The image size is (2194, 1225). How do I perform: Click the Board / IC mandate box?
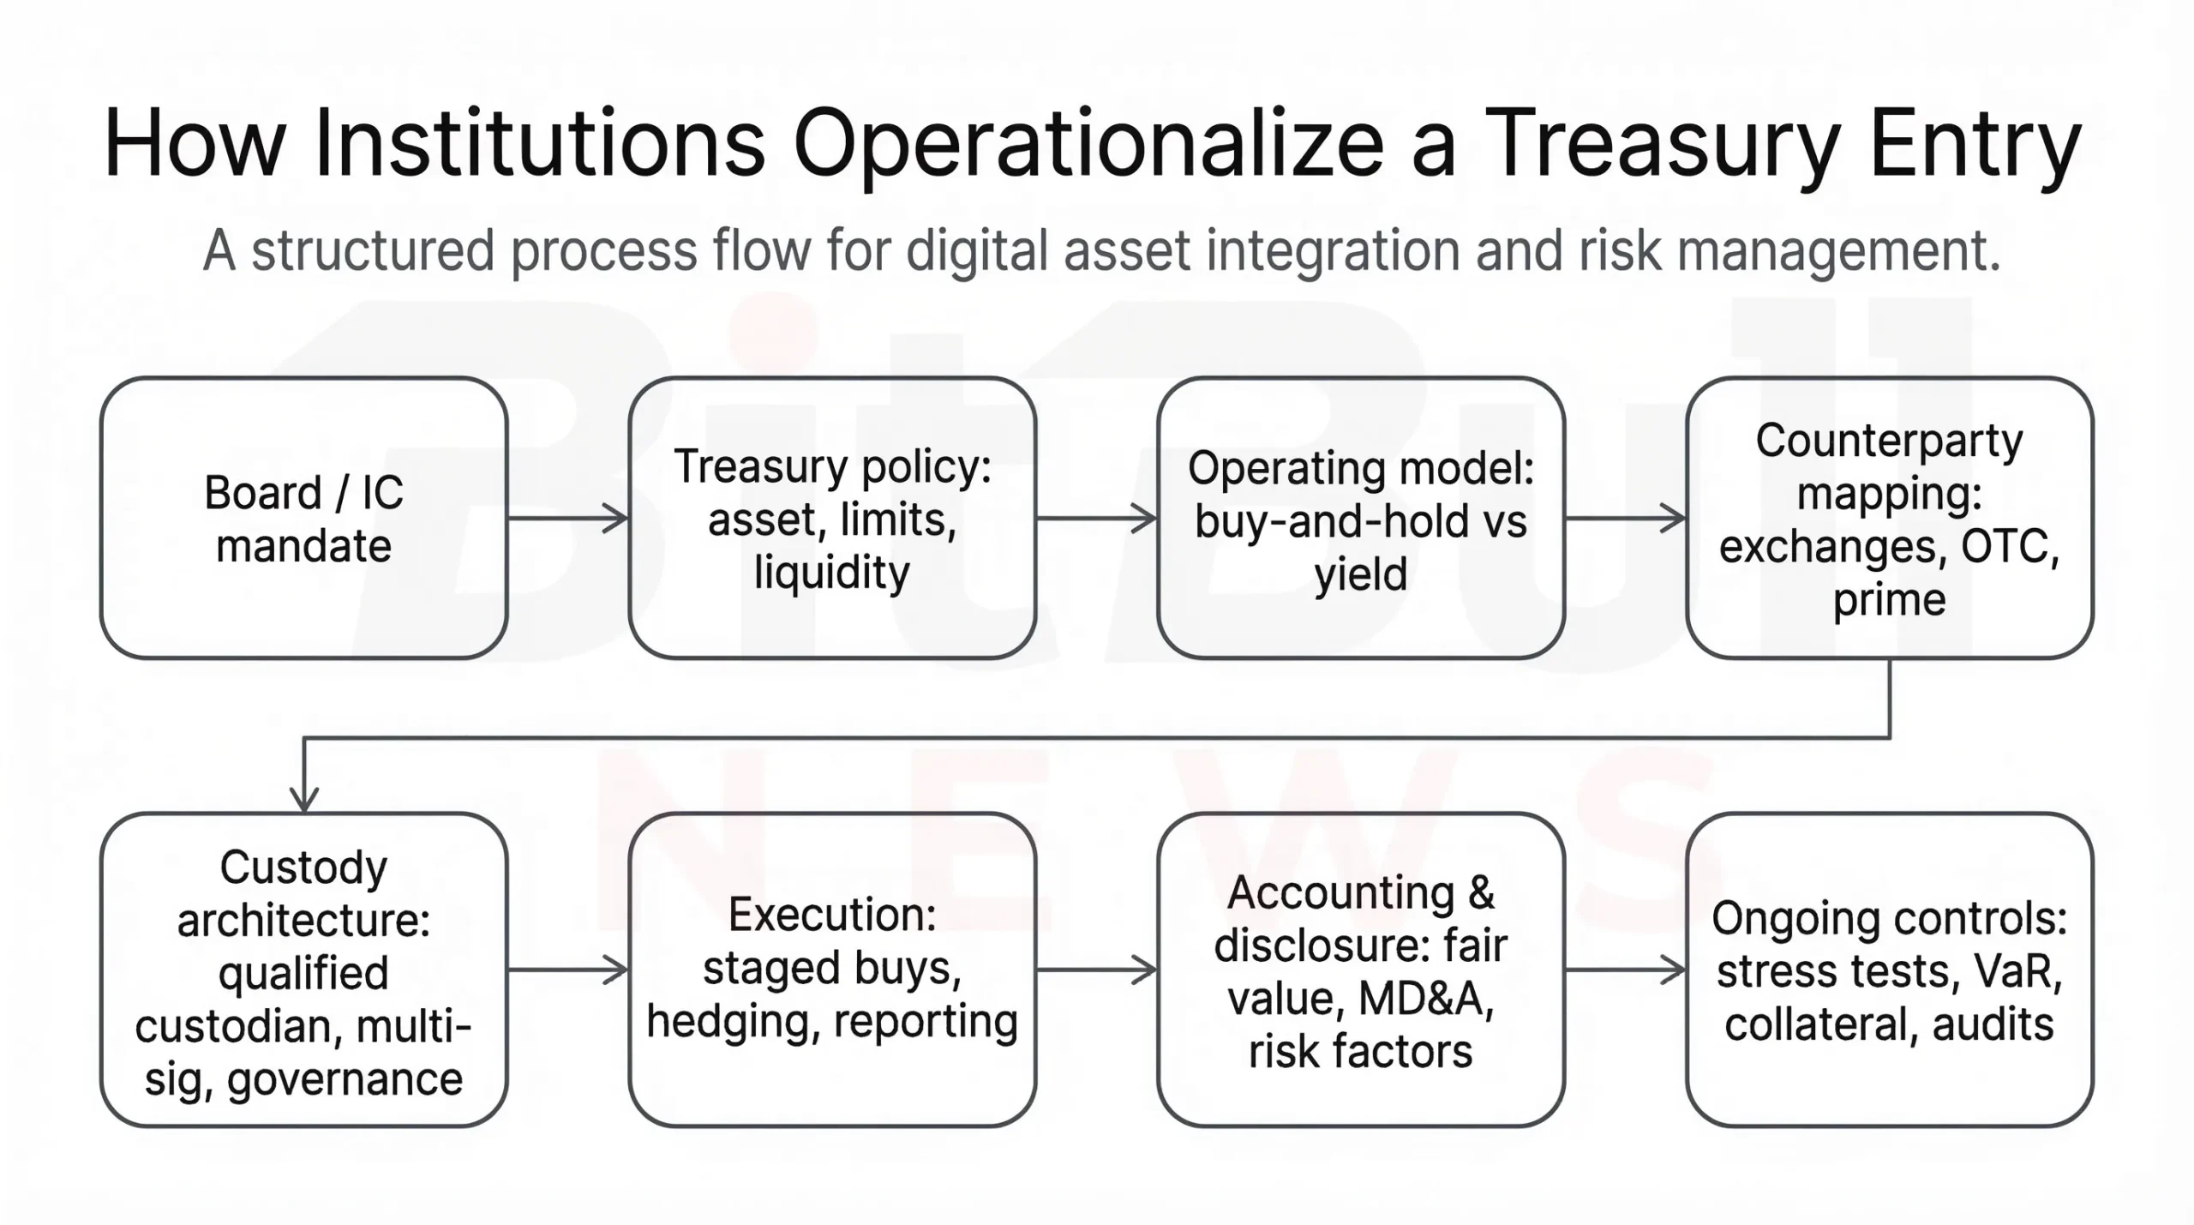[x=304, y=518]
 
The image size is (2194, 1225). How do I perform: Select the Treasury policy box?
[x=832, y=518]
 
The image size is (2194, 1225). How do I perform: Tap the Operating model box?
[x=1361, y=518]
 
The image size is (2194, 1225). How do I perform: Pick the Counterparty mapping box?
[x=1890, y=518]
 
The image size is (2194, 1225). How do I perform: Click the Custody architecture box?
[x=304, y=970]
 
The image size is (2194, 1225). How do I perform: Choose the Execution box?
[x=832, y=970]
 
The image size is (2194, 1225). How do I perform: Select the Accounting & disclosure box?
[x=1361, y=970]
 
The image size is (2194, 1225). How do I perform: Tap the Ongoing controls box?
[x=1890, y=970]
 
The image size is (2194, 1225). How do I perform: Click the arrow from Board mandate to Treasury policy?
[x=568, y=518]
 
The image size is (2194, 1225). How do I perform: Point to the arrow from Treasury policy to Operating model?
[x=1097, y=518]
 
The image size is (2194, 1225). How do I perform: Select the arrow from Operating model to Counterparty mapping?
[x=1626, y=518]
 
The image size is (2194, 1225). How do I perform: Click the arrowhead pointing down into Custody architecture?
[x=304, y=799]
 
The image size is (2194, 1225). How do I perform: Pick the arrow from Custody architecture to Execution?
[x=568, y=970]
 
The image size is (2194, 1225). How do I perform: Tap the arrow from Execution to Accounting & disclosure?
[x=1097, y=970]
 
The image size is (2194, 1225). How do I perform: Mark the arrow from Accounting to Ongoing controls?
[x=1626, y=970]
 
